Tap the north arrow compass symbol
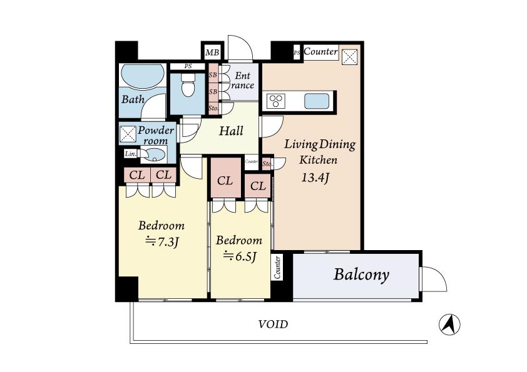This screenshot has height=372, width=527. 449,324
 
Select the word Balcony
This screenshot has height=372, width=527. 361,274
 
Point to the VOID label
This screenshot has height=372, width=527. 273,324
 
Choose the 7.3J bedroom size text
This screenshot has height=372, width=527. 161,241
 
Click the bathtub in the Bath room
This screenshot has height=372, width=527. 141,79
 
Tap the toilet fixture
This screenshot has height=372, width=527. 188,87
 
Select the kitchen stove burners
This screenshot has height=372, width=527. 277,101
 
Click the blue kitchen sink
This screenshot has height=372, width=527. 318,101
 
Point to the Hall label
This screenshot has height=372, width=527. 230,131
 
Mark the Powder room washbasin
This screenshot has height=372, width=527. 156,154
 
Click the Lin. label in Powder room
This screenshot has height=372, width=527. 130,154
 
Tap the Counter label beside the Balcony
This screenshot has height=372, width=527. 278,267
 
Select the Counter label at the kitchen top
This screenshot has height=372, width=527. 320,52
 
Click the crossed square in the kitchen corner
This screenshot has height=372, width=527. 349,56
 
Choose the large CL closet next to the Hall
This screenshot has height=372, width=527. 225,181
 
